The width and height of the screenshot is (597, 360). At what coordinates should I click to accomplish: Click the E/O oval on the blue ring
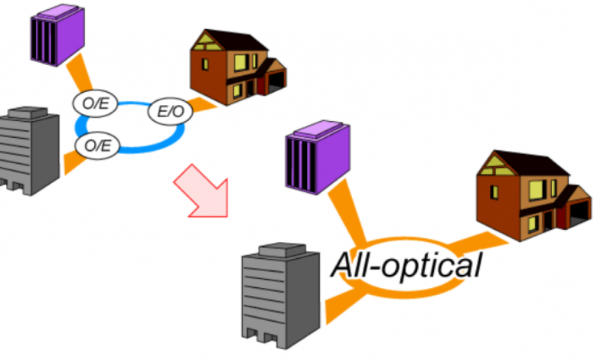pos(170,112)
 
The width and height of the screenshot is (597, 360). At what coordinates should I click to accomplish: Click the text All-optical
pos(406,265)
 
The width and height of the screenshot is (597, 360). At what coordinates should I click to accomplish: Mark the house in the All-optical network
pos(531,192)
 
